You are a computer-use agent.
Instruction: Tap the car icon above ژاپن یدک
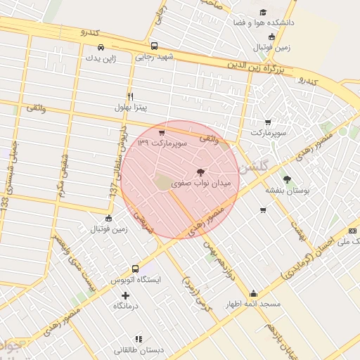coord(101,47)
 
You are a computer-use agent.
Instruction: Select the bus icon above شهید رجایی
coord(154,46)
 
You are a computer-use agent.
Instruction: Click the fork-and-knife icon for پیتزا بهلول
coord(130,96)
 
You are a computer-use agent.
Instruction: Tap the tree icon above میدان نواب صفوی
coord(201,172)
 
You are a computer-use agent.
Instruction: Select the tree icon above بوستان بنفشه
coord(286,179)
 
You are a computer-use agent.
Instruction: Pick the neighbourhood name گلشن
coord(253,169)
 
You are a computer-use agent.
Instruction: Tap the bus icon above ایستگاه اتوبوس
coord(136,269)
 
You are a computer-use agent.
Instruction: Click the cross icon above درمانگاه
coord(126,295)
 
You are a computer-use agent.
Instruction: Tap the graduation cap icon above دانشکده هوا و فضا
coord(263,12)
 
